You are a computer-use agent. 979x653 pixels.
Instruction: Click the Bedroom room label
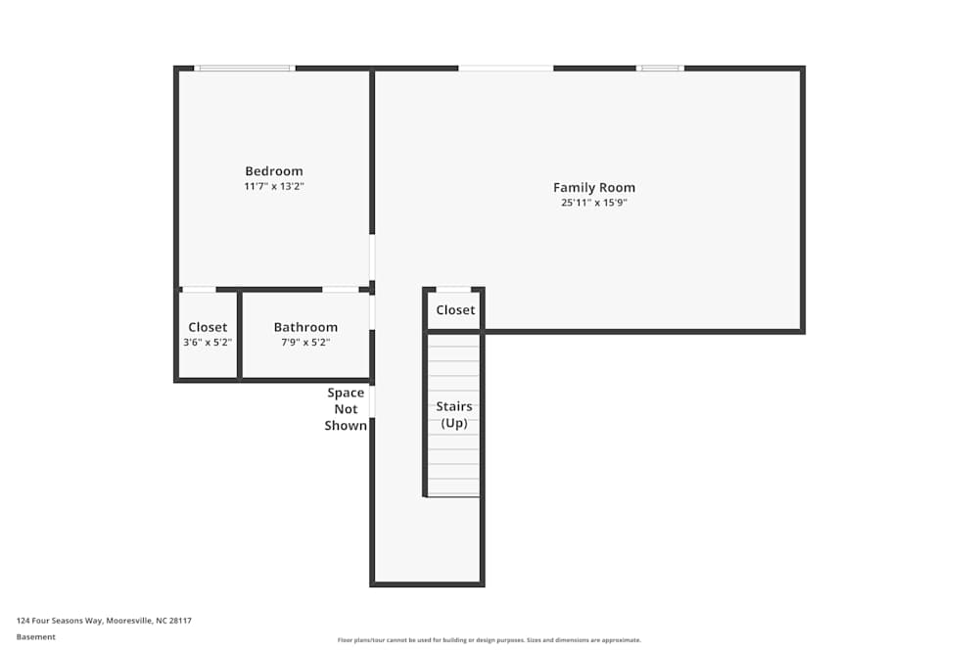[x=273, y=171]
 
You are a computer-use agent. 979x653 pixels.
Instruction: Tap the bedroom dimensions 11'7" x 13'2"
[x=273, y=186]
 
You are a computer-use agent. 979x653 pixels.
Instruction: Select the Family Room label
[x=594, y=187]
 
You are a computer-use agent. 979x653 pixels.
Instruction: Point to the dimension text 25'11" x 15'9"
[x=594, y=203]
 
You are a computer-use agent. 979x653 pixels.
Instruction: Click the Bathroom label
[x=305, y=327]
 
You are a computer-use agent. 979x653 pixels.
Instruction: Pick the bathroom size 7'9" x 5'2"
[x=305, y=342]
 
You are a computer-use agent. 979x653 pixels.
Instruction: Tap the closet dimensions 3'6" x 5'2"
[x=208, y=342]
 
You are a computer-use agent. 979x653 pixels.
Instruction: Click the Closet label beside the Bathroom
[x=208, y=327]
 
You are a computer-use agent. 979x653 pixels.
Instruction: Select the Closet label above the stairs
[x=455, y=309]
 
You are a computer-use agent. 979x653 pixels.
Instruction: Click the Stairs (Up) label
[x=454, y=414]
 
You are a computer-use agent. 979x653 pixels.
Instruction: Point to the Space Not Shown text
[x=346, y=409]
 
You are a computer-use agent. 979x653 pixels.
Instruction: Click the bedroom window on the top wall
[x=245, y=69]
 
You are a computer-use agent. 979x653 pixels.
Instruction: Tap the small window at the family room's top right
[x=660, y=69]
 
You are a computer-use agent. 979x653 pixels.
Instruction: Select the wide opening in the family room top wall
[x=506, y=69]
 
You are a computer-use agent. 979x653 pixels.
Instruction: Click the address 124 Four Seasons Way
[x=60, y=621]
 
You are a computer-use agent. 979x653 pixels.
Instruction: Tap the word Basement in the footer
[x=35, y=636]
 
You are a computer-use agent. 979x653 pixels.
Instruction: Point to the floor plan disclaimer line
[x=489, y=640]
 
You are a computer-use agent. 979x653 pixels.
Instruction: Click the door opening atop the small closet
[x=453, y=289]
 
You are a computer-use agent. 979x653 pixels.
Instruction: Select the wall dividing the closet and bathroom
[x=239, y=335]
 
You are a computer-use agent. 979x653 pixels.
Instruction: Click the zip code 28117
[x=181, y=621]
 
